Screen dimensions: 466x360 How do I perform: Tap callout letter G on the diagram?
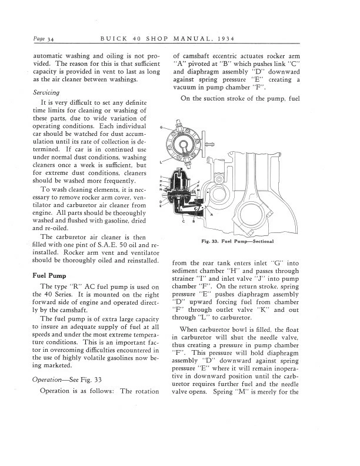coord(162,127)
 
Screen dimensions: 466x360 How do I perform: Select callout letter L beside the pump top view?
coord(161,161)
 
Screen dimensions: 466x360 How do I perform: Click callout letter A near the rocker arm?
coord(211,215)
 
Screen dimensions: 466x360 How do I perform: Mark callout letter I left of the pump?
coord(161,177)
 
